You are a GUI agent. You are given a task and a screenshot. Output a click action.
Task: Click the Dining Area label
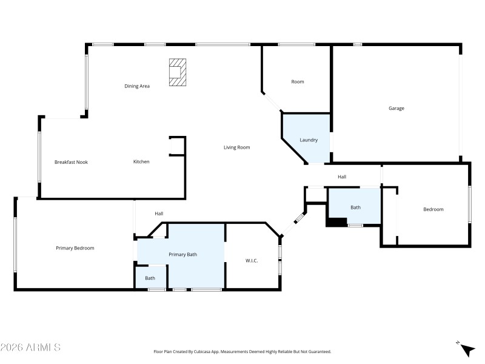[137, 86]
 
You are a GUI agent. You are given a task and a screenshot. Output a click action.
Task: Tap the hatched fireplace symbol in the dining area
[176, 72]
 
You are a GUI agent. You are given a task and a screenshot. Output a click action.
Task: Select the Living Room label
[236, 147]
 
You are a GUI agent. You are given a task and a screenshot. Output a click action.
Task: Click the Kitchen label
[141, 161]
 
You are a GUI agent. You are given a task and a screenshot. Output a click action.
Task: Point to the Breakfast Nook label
[71, 162]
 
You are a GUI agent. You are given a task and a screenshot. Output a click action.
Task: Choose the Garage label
[396, 109]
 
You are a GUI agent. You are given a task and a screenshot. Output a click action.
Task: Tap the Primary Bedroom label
[75, 248]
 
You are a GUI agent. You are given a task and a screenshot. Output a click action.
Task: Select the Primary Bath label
[182, 255]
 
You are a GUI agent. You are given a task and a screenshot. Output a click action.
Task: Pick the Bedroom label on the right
[433, 209]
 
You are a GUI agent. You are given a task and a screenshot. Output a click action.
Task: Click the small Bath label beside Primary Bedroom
[150, 278]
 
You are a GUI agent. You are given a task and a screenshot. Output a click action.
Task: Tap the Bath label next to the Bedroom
[355, 207]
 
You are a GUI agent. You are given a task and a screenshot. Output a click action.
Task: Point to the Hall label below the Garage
[342, 177]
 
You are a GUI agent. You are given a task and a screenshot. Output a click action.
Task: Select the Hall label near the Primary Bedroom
[159, 214]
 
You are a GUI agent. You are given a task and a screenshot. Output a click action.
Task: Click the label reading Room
[297, 82]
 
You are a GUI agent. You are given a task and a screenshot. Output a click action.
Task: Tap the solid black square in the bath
[335, 222]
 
